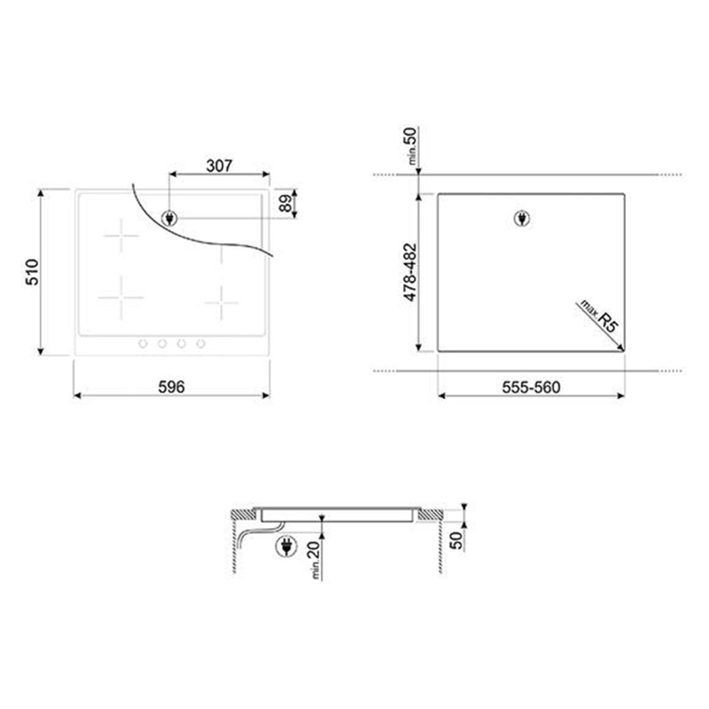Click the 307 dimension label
[220, 166]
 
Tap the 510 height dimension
[32, 272]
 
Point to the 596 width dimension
[172, 386]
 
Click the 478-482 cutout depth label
[410, 272]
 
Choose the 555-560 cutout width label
[531, 387]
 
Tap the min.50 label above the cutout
[411, 145]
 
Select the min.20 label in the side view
[314, 560]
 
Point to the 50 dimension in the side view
[457, 540]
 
